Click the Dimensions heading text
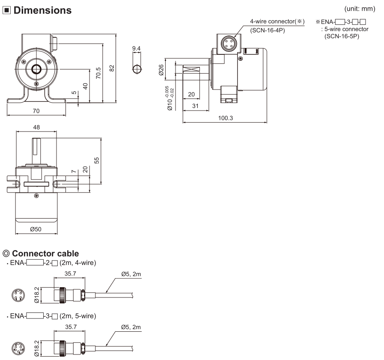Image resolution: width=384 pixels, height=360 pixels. (42, 10)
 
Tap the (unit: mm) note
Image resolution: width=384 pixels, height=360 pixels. (360, 9)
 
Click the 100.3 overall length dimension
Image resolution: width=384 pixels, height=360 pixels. (225, 118)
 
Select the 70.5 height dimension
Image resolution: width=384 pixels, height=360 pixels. (98, 73)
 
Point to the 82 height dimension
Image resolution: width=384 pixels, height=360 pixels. (112, 68)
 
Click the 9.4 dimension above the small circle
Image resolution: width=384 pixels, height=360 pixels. (137, 48)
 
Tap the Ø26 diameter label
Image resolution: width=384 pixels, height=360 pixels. (161, 70)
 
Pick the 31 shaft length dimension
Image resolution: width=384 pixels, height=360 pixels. (195, 106)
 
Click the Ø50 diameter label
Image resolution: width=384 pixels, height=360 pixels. (36, 229)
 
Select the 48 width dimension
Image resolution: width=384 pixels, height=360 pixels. (36, 127)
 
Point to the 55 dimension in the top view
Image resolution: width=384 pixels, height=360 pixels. (97, 160)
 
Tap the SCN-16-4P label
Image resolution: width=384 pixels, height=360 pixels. (268, 30)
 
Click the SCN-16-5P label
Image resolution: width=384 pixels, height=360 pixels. (342, 36)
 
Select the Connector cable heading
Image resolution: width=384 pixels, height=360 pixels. (45, 253)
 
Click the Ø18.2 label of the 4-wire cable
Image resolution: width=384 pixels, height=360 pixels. (37, 295)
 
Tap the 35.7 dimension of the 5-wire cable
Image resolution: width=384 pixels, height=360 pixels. (71, 327)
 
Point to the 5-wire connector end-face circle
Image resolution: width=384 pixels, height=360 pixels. (18, 348)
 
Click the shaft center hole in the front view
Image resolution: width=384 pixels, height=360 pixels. (36, 69)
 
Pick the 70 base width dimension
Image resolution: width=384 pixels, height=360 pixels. (36, 111)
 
